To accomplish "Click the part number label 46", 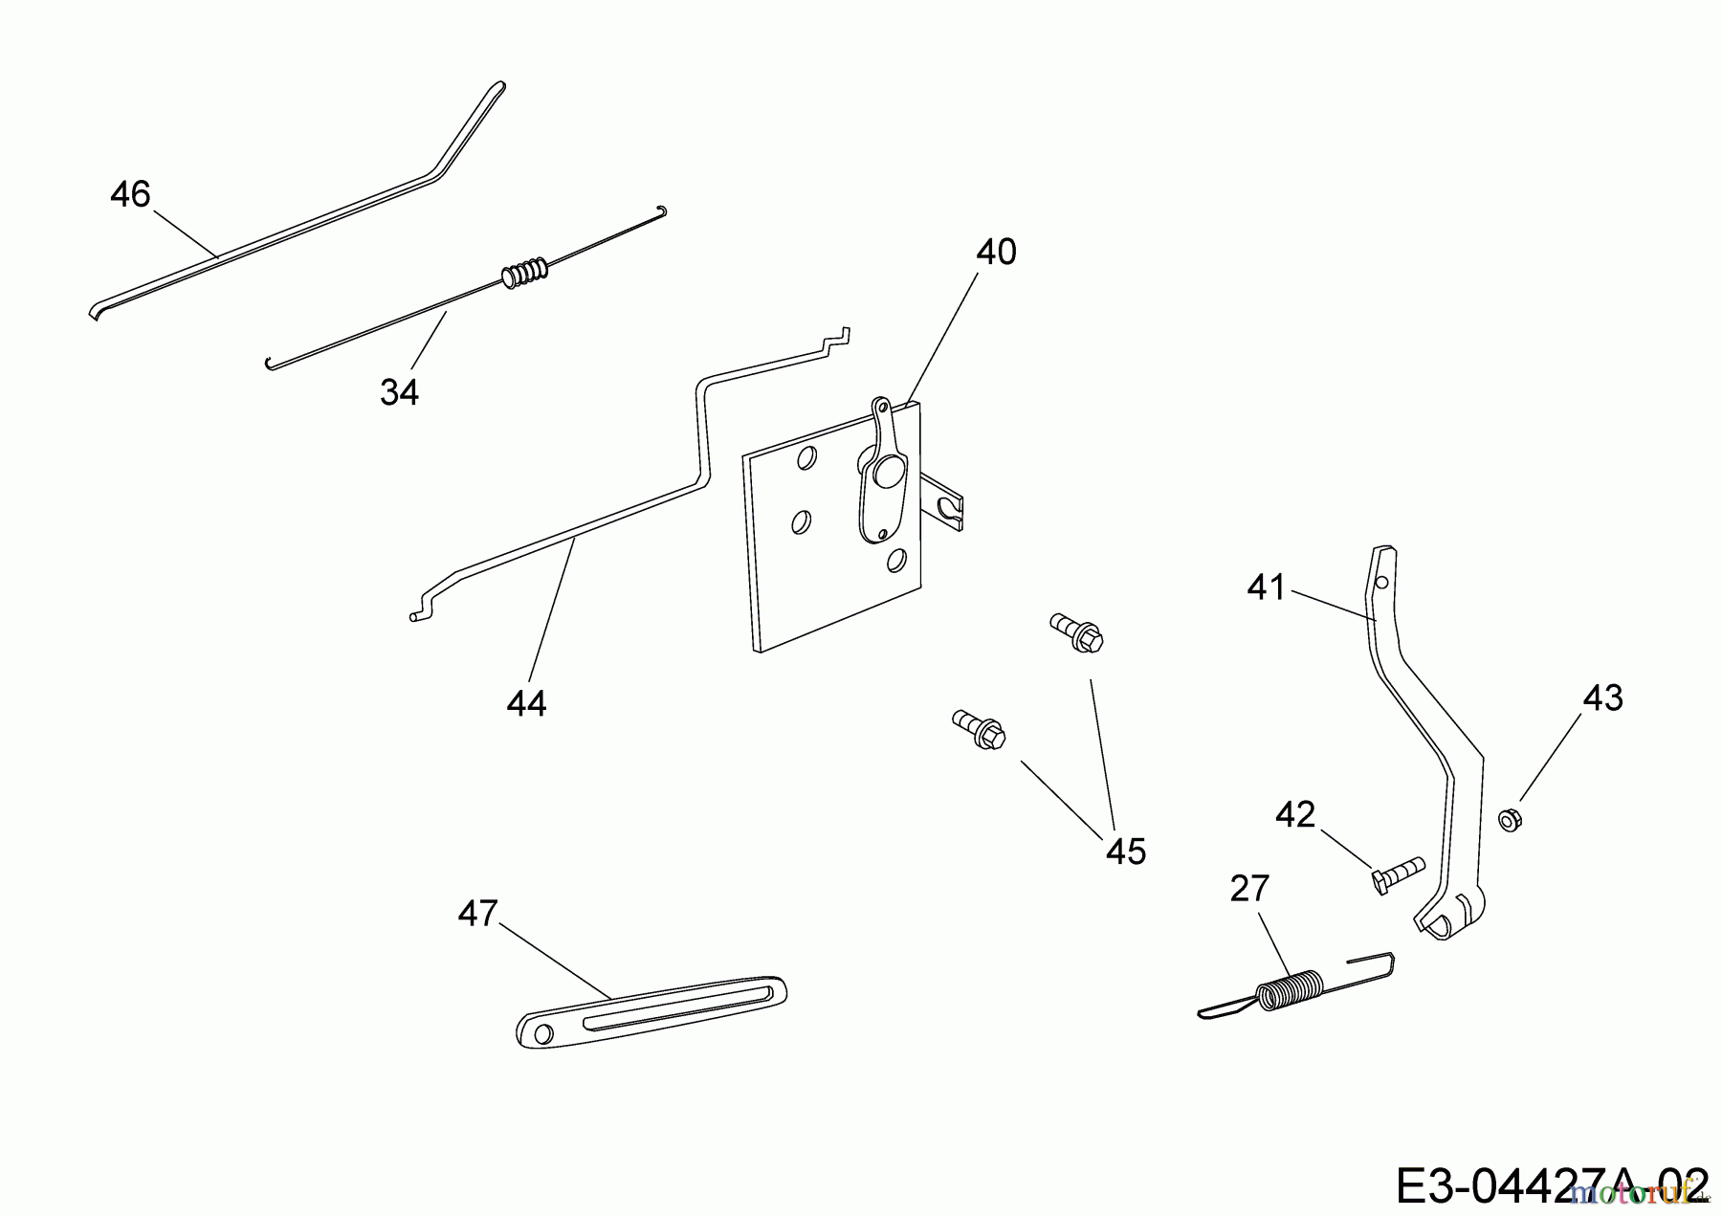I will pyautogui.click(x=130, y=195).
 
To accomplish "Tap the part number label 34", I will pyautogui.click(x=399, y=391).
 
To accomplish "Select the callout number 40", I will pyautogui.click(x=996, y=253).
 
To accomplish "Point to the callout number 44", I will pyautogui.click(x=526, y=704).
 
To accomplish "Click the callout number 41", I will pyautogui.click(x=1267, y=587).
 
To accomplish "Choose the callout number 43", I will pyautogui.click(x=1603, y=698).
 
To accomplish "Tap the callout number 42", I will pyautogui.click(x=1295, y=815).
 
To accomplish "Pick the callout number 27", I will pyautogui.click(x=1249, y=890).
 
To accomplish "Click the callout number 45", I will pyautogui.click(x=1125, y=852).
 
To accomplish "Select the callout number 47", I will pyautogui.click(x=477, y=915).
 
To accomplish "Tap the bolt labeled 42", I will pyautogui.click(x=1395, y=873).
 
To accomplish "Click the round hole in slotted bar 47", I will pyautogui.click(x=542, y=1033).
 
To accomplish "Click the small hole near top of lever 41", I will pyautogui.click(x=1380, y=581).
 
